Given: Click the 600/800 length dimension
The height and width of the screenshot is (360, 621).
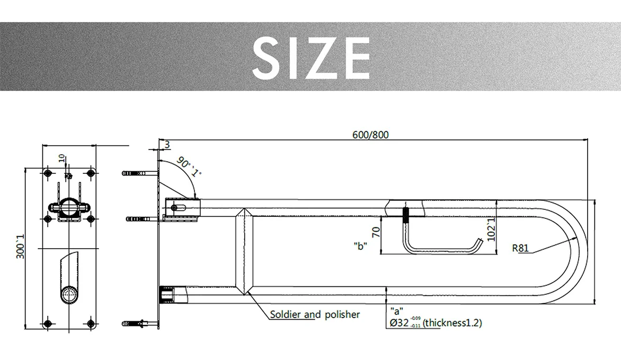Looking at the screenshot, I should tap(370, 135).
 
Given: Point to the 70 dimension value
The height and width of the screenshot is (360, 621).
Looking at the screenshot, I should tap(376, 232).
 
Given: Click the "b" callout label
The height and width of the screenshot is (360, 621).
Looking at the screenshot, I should tap(361, 247).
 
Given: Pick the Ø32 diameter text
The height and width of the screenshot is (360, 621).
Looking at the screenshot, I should tap(398, 323).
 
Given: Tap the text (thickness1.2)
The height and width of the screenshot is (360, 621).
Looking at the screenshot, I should tap(452, 323).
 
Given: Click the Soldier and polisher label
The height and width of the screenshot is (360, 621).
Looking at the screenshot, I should tap(315, 315).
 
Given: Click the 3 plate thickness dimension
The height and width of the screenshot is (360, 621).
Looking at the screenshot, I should tap(167, 145).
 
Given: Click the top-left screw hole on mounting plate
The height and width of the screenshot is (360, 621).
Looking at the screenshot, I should tap(48, 173).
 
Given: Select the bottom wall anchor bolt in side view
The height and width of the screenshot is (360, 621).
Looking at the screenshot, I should tap(137, 323).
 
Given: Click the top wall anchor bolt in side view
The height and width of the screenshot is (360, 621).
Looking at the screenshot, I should tap(137, 173).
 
